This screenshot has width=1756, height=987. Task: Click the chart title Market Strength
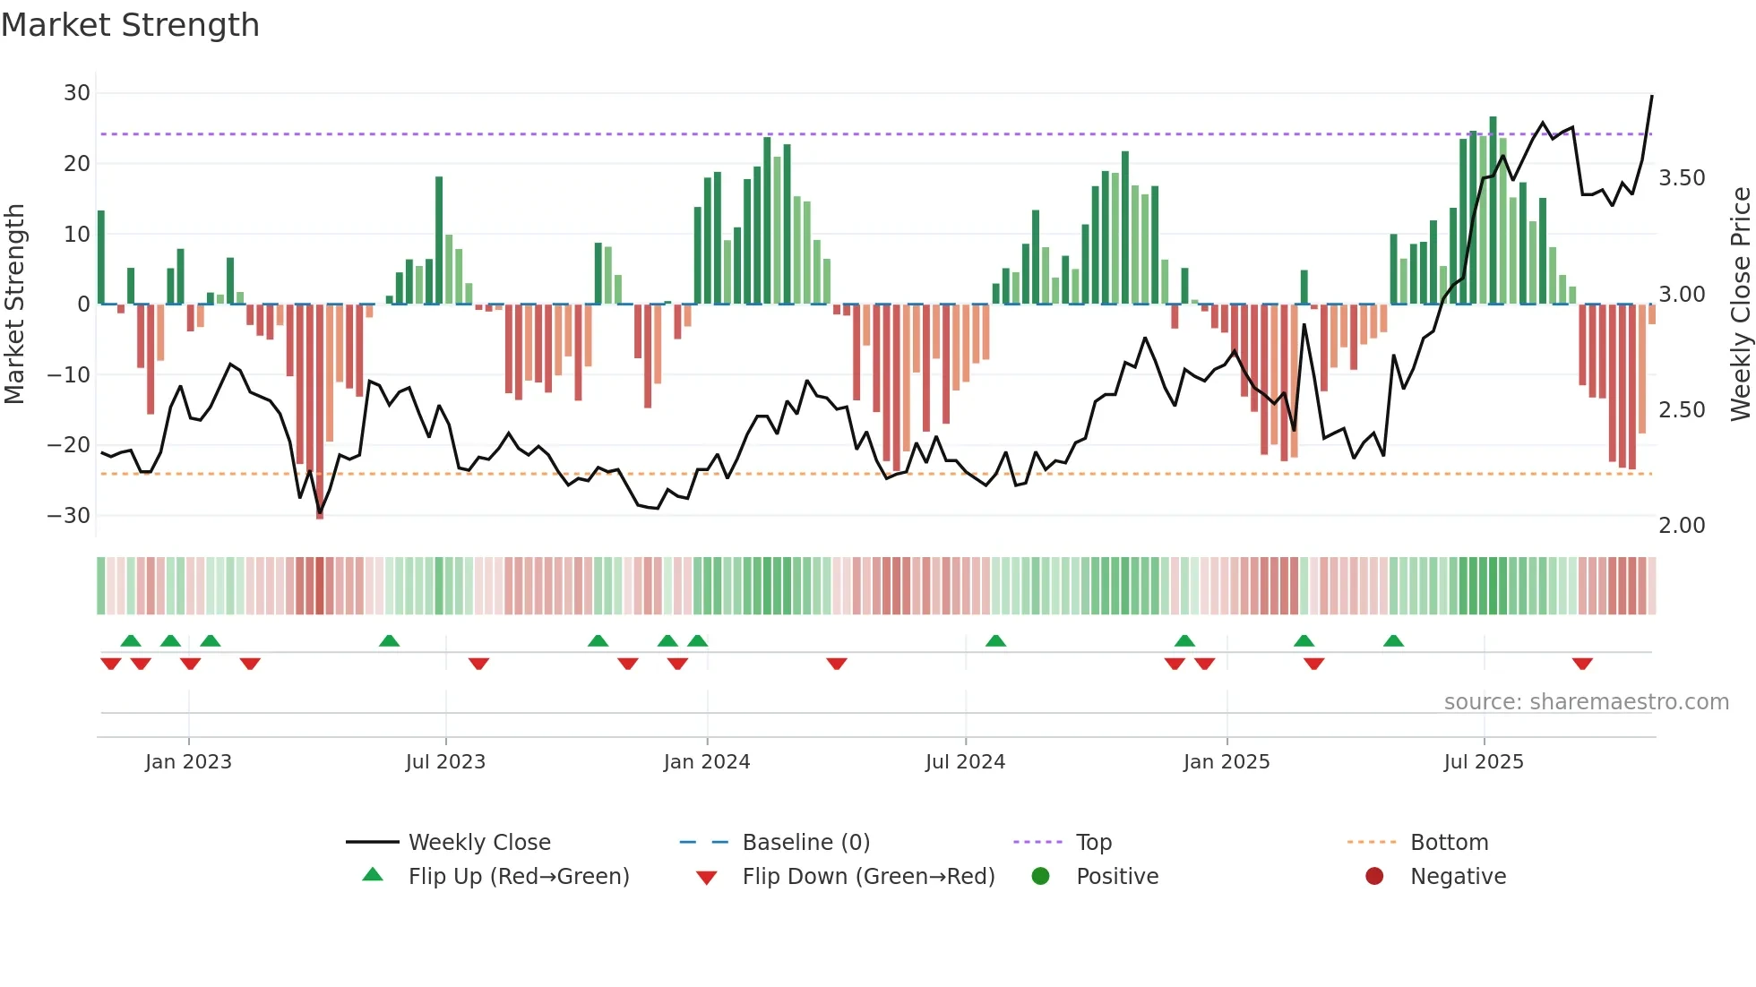130,25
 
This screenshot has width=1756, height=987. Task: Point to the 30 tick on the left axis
77,93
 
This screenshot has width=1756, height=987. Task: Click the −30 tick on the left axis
70,516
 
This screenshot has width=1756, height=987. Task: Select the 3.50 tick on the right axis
1682,178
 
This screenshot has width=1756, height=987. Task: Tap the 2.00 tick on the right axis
1682,526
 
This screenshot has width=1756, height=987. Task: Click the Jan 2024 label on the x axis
707,762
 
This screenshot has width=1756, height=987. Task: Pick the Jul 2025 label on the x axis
1484,762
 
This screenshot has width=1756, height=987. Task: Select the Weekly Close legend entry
479,843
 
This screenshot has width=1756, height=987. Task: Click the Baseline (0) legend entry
806,843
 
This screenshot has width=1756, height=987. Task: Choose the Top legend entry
1094,843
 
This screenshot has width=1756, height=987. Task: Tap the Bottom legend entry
1449,843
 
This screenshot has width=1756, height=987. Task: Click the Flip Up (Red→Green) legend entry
519,877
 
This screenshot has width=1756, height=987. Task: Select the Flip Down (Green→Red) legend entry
868,877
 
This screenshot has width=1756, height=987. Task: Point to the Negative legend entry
1458,877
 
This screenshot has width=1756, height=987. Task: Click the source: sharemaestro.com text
1586,702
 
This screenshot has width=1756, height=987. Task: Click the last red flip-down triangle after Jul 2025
1582,664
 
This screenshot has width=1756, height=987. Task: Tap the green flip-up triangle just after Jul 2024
995,640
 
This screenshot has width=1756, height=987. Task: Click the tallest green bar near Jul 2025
1493,210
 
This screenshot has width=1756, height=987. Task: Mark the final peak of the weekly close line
1652,96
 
